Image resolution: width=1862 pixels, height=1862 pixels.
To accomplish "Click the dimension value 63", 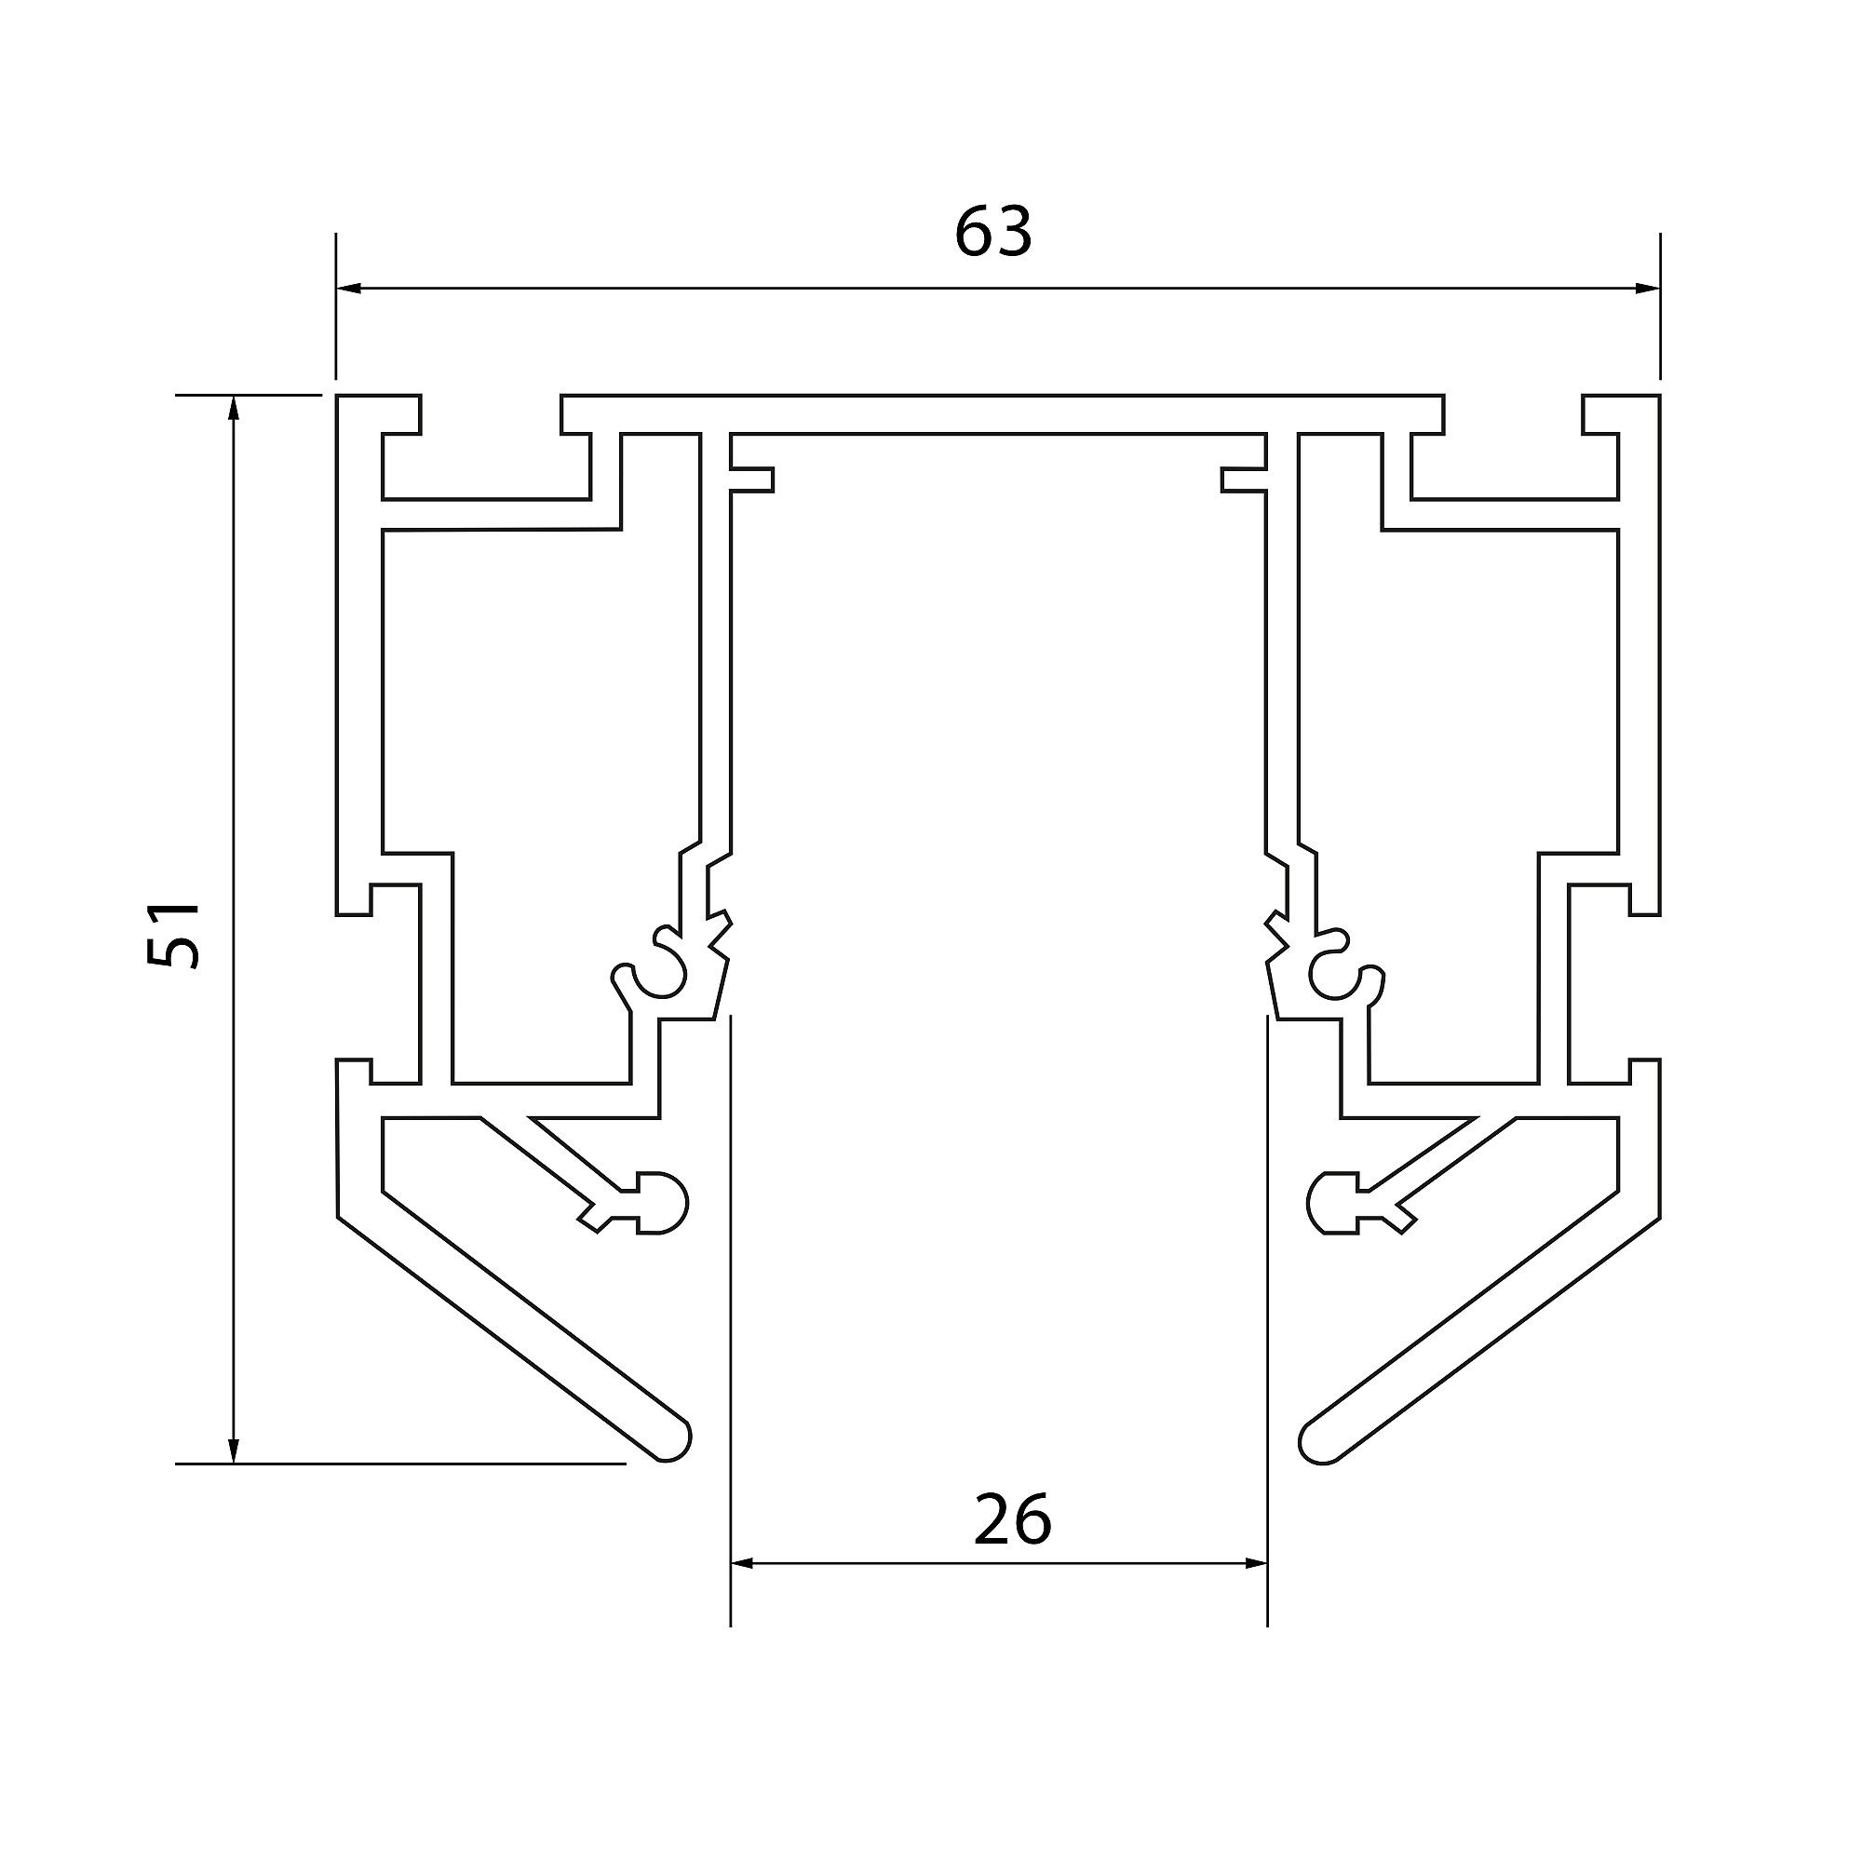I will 992,231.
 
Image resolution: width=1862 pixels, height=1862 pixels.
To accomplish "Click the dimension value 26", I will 1012,1520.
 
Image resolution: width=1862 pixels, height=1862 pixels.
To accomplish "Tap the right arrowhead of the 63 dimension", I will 1648,287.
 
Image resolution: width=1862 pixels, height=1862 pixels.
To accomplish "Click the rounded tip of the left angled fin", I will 674,1441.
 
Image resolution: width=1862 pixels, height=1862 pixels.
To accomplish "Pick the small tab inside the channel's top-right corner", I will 1242,479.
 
